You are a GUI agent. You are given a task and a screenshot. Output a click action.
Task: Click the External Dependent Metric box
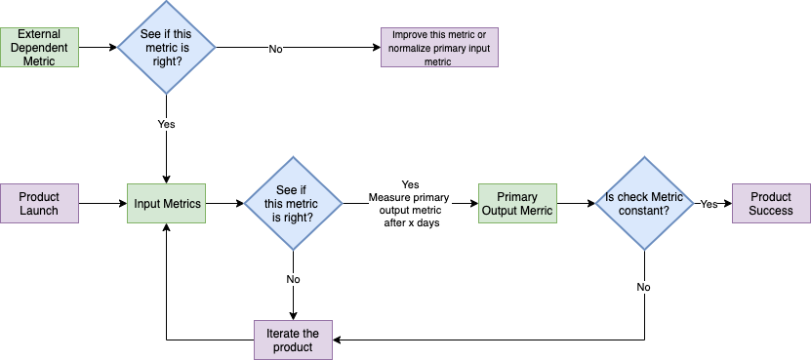pos(39,47)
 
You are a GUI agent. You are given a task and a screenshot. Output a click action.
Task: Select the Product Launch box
pos(39,203)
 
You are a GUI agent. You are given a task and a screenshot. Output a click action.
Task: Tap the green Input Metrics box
pos(166,203)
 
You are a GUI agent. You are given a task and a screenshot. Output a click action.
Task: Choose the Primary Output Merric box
pos(517,203)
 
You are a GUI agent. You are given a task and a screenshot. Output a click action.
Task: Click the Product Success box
pos(771,203)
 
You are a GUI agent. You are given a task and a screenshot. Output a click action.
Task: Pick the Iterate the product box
pos(293,340)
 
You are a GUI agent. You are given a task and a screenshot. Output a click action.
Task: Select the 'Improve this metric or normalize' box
pos(439,47)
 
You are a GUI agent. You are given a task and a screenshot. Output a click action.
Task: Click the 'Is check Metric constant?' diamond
pos(644,203)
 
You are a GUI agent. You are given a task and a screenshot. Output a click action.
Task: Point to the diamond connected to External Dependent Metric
pos(166,47)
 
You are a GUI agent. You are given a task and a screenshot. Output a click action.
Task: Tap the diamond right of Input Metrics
pos(293,203)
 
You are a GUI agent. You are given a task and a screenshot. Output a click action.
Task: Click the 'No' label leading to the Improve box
pos(276,48)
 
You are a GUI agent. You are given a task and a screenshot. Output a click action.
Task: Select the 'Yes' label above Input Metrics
pos(166,124)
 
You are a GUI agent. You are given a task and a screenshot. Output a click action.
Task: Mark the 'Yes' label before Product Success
pos(710,204)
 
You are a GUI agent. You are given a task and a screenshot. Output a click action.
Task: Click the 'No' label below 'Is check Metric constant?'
pos(644,288)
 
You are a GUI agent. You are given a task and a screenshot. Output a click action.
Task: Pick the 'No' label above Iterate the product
pos(293,279)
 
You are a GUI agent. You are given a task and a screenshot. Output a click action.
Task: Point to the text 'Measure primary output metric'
pos(410,203)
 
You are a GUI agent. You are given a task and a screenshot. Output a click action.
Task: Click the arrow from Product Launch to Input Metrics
pos(101,203)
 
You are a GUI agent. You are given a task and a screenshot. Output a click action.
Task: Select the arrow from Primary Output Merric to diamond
pos(576,203)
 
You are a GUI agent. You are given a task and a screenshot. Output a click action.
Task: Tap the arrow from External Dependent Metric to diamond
pos(98,47)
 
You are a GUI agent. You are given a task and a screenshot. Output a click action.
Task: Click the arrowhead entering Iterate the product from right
pos(338,340)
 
